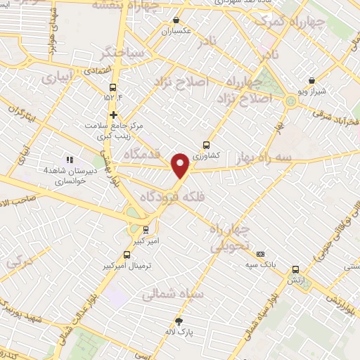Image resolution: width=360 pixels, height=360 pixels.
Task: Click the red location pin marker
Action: click(x=181, y=165)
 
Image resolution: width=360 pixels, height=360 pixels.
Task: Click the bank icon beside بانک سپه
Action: click(x=261, y=254)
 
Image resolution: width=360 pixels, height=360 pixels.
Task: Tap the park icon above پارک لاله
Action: click(x=179, y=321)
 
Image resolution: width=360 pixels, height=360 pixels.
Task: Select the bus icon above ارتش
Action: click(x=295, y=269)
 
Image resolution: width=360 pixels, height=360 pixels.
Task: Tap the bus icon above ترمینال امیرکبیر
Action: click(x=127, y=255)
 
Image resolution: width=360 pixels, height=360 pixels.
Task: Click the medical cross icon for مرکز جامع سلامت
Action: click(x=113, y=115)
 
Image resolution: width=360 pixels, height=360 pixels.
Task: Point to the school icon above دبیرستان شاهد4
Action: click(x=69, y=160)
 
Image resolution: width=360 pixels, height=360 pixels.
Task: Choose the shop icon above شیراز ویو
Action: click(x=311, y=81)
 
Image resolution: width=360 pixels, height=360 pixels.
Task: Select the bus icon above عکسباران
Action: click(x=176, y=20)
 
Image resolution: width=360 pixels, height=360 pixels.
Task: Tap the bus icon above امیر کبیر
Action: click(x=146, y=229)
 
